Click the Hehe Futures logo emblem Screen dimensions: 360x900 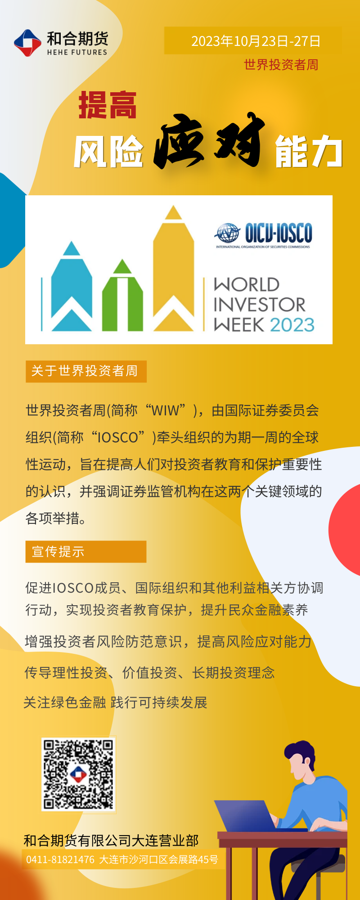click(x=28, y=43)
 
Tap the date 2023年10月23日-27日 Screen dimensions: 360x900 click(x=256, y=41)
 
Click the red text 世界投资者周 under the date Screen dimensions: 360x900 click(x=281, y=65)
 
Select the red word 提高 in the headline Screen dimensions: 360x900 click(x=108, y=105)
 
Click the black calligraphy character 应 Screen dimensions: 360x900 click(x=179, y=141)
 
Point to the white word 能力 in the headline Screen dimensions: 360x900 click(x=309, y=151)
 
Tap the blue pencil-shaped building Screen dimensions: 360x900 click(x=72, y=286)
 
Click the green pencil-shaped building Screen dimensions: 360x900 click(x=122, y=295)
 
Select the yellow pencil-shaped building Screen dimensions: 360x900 click(x=174, y=268)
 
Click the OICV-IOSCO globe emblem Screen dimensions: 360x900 click(x=228, y=233)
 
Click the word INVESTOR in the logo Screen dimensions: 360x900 click(x=259, y=305)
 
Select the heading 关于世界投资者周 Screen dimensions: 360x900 click(x=85, y=371)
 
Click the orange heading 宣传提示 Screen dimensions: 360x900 click(x=58, y=551)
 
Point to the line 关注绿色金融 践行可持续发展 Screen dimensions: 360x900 click(x=115, y=702)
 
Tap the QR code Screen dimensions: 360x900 click(x=78, y=774)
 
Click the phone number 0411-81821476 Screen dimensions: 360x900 click(x=60, y=859)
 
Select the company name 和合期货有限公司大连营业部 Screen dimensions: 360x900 click(x=111, y=840)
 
